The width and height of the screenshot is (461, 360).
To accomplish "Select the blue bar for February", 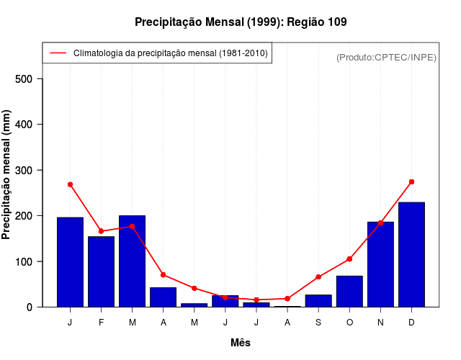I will pos(101,271).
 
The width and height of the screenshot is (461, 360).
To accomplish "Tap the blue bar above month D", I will pos(411,254).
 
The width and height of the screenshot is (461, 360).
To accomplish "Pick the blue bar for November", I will pos(380,264).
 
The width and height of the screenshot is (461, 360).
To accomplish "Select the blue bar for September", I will pos(318,300).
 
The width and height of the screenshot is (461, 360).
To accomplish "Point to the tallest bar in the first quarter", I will pos(132,261).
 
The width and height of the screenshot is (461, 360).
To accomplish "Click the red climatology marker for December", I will pos(411,181).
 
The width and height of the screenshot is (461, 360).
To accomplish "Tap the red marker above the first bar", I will pos(70,184).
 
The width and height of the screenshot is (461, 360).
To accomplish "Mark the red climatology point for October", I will pos(349,258).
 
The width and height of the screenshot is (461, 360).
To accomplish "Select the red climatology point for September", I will pos(318,276).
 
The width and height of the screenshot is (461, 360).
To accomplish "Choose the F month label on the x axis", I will pos(101,322).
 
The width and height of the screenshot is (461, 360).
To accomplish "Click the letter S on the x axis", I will pos(318,322).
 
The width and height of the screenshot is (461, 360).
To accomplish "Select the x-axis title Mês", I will pos(241,343).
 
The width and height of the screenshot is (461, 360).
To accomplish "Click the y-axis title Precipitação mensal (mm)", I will pos(7,175).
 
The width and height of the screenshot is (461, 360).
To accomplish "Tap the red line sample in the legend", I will pos(58,53).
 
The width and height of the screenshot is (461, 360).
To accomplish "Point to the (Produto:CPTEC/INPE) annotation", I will pos(386,57).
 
